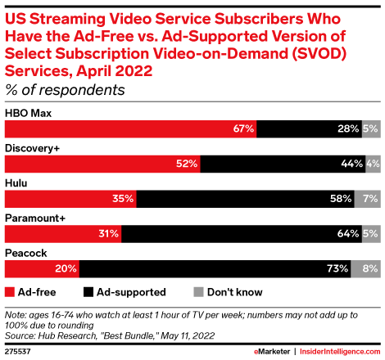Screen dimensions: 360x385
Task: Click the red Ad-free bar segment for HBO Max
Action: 123,129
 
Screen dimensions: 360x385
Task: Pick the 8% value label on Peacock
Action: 370,268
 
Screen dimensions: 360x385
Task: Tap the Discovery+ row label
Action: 32,148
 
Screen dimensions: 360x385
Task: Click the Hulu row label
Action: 18,183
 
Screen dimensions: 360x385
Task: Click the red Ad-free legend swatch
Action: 10,290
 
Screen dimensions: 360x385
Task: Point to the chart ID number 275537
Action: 19,351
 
